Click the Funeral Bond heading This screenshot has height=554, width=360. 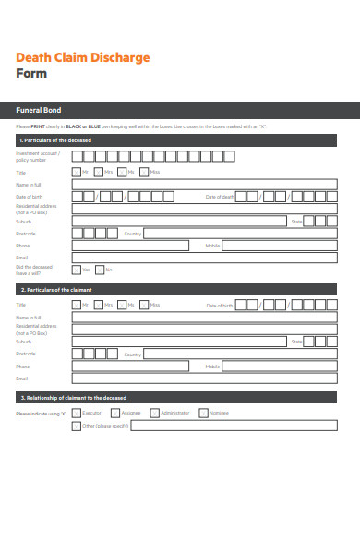[x=33, y=108]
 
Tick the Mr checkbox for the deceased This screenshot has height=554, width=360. [x=76, y=172]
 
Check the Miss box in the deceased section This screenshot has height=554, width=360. [x=143, y=172]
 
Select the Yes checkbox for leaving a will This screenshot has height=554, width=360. [x=76, y=270]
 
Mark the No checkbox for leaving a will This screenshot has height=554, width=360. [x=99, y=270]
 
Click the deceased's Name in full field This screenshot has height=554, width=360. [x=203, y=185]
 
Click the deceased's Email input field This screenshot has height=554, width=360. [x=203, y=258]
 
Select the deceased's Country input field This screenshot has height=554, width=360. [x=240, y=234]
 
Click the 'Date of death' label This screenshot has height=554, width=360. [x=218, y=197]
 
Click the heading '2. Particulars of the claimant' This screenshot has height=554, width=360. [x=52, y=290]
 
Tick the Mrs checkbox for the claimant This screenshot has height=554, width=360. [x=99, y=305]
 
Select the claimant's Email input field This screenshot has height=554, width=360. [x=203, y=379]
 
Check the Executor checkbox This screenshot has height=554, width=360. [x=76, y=413]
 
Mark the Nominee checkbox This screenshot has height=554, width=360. [x=202, y=413]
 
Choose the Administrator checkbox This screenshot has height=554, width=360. [x=154, y=413]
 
